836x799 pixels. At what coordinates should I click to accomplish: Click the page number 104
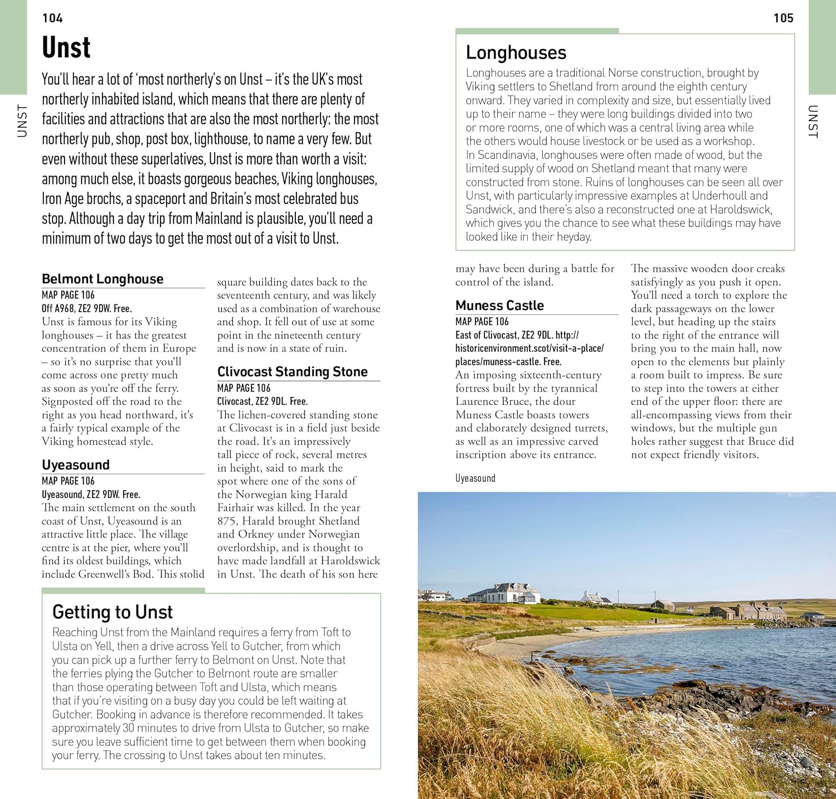52,18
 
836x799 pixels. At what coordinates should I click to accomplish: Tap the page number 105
783,18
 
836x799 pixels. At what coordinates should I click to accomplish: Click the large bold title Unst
66,48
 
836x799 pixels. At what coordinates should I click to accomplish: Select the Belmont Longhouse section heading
103,279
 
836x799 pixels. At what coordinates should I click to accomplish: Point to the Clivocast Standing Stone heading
292,372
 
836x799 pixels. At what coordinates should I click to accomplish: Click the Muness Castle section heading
499,306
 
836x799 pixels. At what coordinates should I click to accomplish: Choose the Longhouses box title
516,53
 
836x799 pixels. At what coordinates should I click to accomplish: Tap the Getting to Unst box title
113,612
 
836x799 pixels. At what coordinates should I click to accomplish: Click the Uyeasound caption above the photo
475,478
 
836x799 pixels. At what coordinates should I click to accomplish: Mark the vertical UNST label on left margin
22,120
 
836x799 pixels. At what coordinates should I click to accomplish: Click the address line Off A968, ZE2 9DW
86,308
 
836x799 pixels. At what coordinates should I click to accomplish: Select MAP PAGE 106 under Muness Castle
482,322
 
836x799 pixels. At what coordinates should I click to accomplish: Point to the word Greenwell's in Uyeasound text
105,574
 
